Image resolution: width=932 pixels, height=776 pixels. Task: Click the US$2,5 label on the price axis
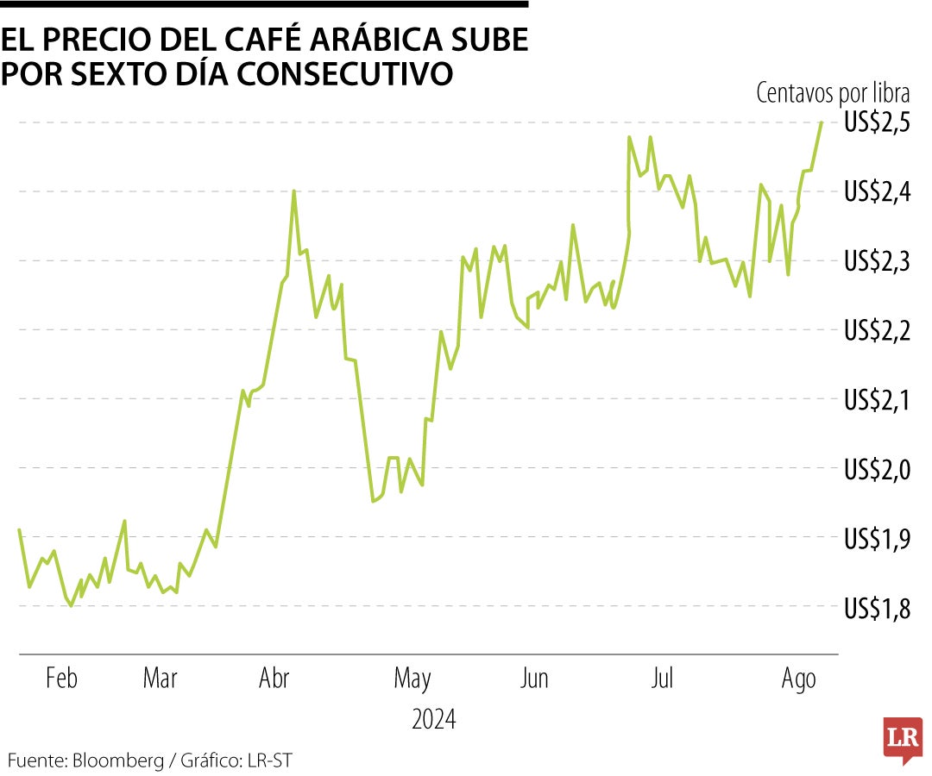[878, 123]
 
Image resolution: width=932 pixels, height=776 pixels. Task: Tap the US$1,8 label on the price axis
[878, 608]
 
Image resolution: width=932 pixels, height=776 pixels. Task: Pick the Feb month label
[61, 679]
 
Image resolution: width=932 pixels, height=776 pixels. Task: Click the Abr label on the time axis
[274, 679]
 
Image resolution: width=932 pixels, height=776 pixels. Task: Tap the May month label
[412, 679]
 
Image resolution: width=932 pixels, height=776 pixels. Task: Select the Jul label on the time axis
[662, 679]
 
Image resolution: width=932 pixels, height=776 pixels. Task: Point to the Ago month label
[799, 679]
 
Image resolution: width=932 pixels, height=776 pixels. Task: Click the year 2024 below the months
[434, 719]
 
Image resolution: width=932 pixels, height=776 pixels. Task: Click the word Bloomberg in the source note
[118, 760]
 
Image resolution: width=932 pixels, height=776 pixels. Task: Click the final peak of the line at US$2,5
[821, 122]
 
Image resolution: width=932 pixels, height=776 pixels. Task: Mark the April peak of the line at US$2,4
[293, 191]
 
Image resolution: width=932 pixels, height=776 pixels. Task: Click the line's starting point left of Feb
[19, 529]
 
